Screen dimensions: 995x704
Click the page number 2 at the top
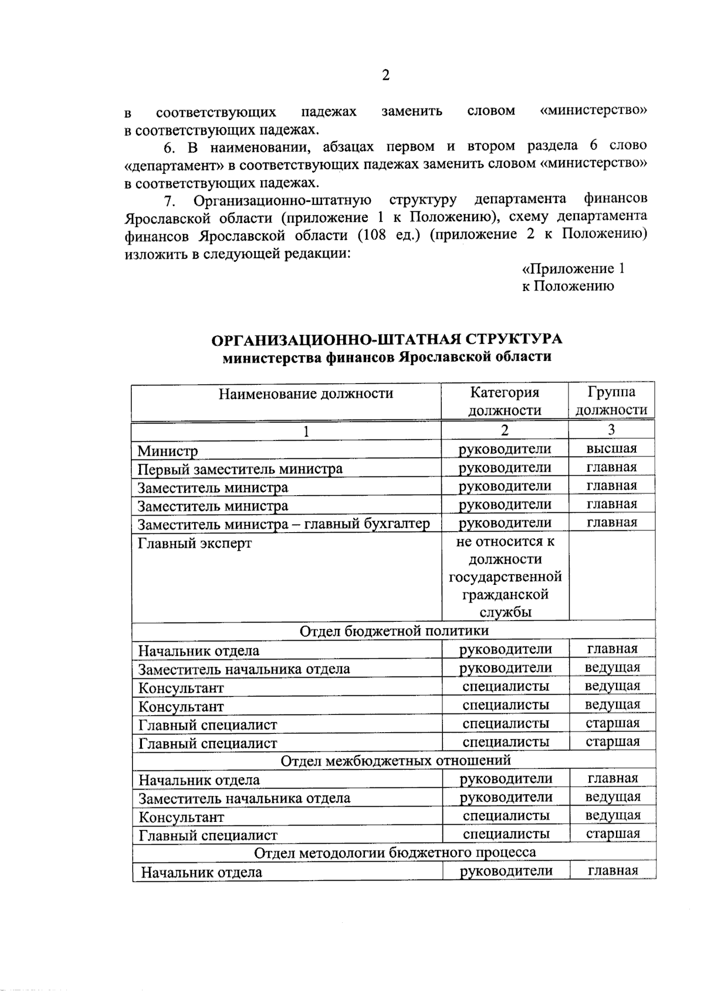click(x=385, y=75)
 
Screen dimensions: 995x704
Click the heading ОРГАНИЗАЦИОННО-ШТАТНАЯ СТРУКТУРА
click(x=387, y=340)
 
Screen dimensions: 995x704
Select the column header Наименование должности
click(x=306, y=394)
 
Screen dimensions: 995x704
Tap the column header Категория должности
click(x=505, y=401)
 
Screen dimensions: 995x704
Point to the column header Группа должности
click(x=611, y=401)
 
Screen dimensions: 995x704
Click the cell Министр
click(x=168, y=451)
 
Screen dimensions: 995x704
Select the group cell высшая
click(x=611, y=449)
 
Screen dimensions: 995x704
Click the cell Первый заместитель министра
click(x=240, y=469)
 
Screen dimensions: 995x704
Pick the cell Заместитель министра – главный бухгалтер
click(x=283, y=524)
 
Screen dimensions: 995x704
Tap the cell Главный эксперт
click(x=195, y=543)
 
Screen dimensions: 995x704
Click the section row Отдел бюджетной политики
click(x=394, y=631)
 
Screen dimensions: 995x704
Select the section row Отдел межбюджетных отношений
click(x=395, y=760)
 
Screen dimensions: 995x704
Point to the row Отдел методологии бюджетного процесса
click(x=395, y=852)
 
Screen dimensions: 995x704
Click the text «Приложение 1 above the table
click(x=573, y=269)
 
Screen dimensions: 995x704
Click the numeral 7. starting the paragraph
click(x=170, y=201)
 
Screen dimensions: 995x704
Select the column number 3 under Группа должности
click(x=611, y=430)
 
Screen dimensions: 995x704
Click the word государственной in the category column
click(x=505, y=577)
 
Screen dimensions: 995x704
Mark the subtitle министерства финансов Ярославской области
click(x=387, y=357)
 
